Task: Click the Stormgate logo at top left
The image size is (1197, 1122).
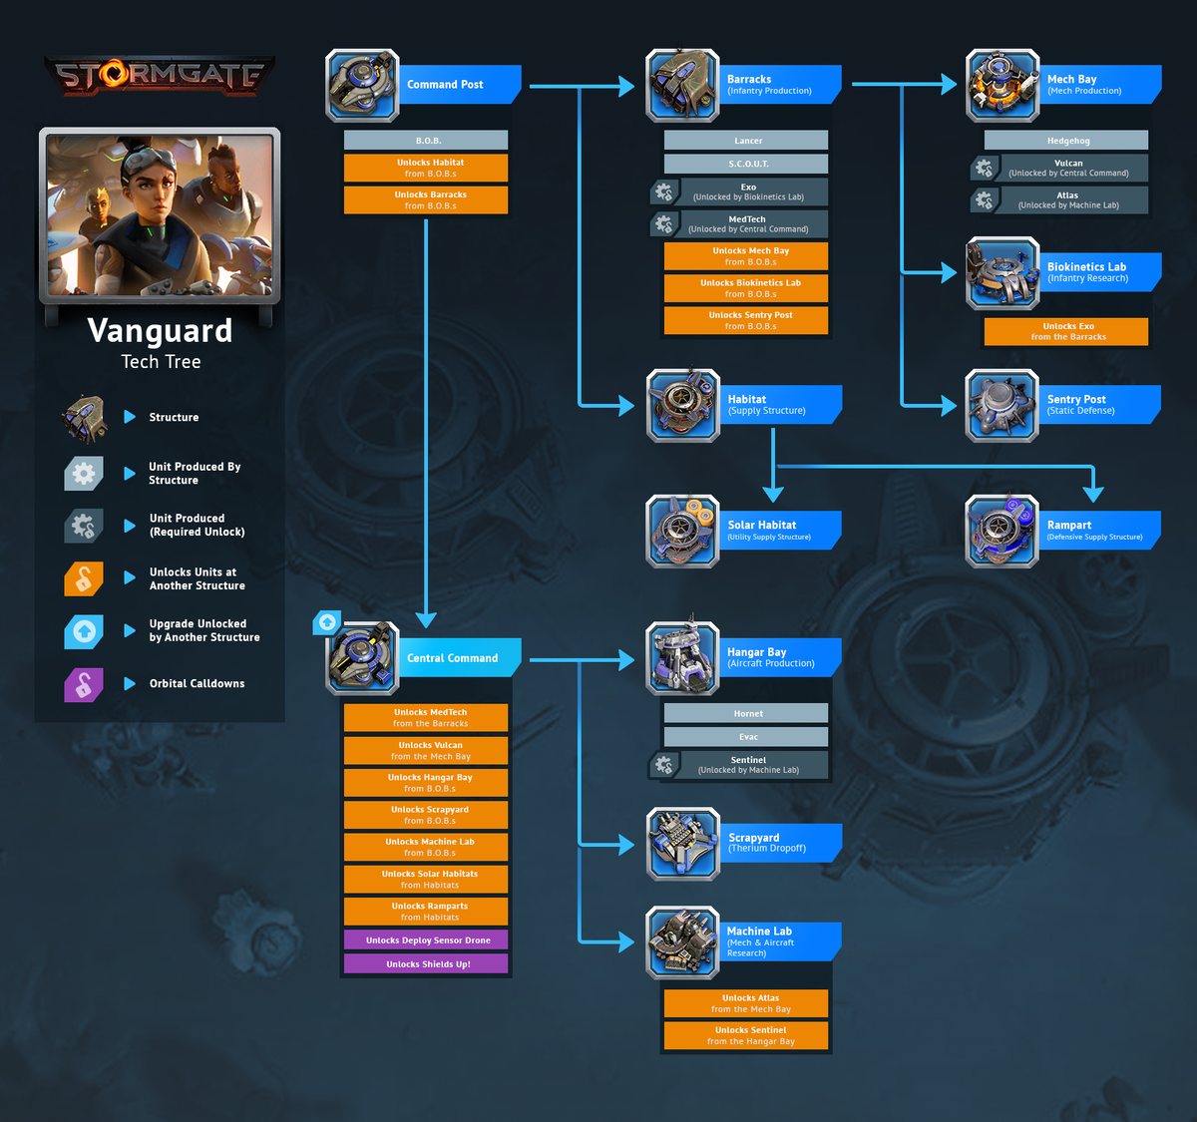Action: (160, 76)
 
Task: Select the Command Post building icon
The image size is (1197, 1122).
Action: (362, 85)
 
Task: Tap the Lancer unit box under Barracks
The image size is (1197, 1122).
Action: (746, 141)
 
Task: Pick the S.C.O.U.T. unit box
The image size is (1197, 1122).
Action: (746, 164)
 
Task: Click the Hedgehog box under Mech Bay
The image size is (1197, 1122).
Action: (1066, 141)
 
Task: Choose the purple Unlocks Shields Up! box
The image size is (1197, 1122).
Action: (426, 964)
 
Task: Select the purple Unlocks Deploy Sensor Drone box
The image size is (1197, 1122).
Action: (426, 940)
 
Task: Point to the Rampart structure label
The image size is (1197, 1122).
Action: (1068, 526)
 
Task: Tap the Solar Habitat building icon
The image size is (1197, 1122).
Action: (682, 531)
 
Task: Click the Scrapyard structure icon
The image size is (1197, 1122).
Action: (682, 844)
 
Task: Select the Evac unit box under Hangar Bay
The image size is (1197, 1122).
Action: (746, 737)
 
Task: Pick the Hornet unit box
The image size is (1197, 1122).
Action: (746, 714)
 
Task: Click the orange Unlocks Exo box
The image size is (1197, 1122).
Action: (1066, 331)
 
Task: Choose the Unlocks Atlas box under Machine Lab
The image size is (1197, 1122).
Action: (746, 1003)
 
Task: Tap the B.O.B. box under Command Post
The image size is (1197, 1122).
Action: (426, 141)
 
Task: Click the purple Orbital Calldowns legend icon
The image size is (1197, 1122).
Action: (84, 684)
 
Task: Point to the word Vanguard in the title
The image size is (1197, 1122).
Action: (160, 330)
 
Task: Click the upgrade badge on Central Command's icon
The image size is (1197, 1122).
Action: (327, 622)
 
